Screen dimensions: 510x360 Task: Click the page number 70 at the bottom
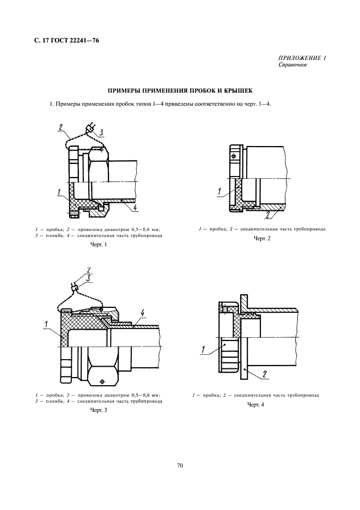tap(180, 465)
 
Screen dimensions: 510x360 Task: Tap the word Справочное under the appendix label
tap(293, 65)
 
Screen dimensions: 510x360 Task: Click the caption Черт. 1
tap(99, 245)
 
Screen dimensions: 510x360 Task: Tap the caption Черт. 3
tap(99, 410)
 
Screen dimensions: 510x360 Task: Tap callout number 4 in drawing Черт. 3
tap(142, 313)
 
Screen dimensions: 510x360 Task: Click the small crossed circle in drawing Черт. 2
tap(234, 157)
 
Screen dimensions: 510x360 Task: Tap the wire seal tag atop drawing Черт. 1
tap(89, 130)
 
